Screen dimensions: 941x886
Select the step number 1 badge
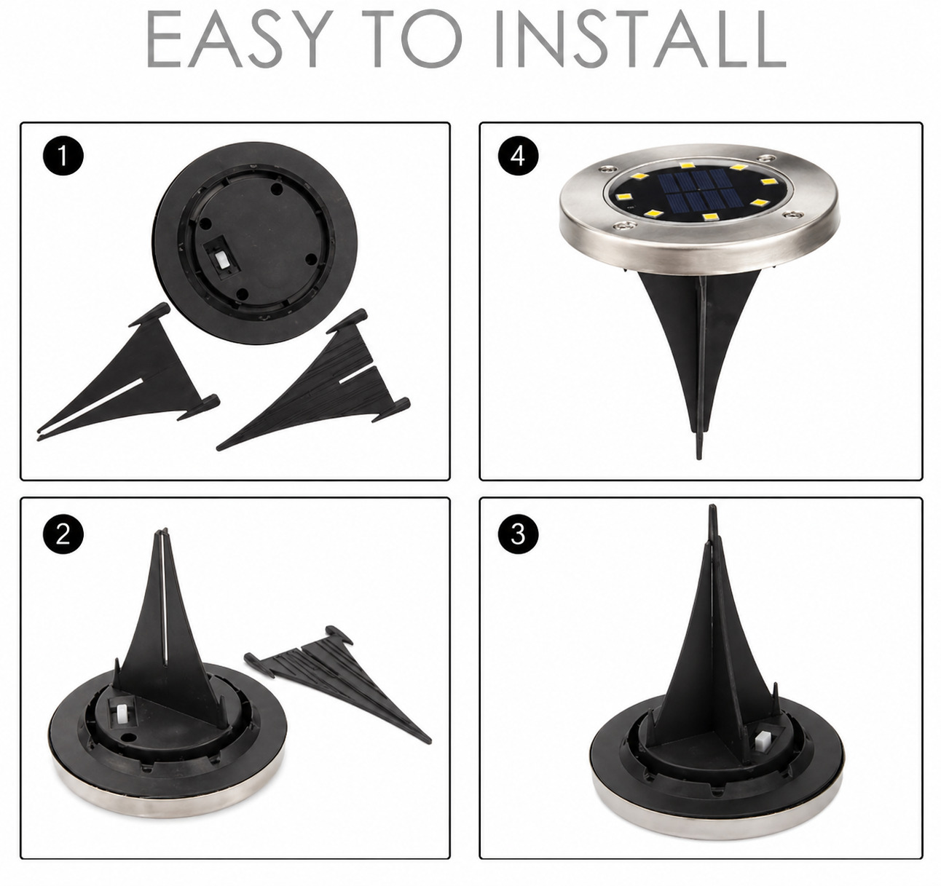63,157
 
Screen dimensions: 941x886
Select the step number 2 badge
63,534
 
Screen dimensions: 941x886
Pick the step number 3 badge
519,534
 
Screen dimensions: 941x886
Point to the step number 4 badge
519,157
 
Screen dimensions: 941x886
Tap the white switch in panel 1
221,260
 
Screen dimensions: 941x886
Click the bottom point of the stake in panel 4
699,459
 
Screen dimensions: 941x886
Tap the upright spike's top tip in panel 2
161,531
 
